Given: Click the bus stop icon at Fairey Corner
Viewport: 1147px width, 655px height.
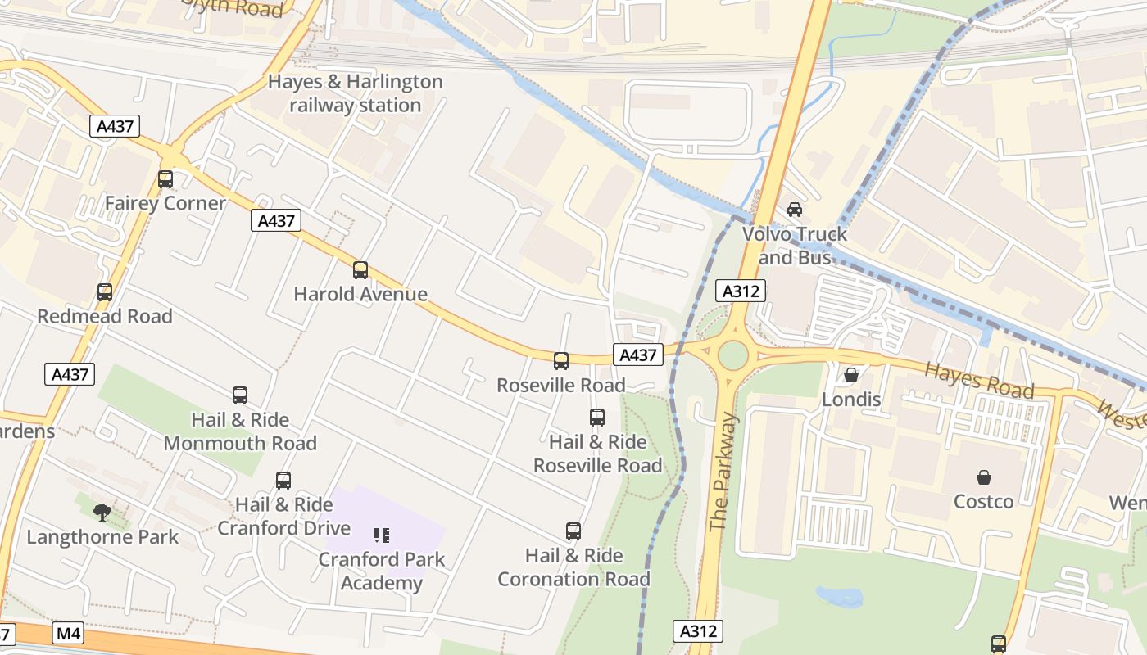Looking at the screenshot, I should pyautogui.click(x=165, y=179).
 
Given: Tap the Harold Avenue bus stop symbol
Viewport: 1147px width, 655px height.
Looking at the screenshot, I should pyautogui.click(x=360, y=270).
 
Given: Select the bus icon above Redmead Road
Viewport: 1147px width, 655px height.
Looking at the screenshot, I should pyautogui.click(x=105, y=292).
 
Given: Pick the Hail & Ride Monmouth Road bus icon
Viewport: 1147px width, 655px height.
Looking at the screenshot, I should pyautogui.click(x=240, y=395).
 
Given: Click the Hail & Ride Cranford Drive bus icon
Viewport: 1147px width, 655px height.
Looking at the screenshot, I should pyautogui.click(x=283, y=481).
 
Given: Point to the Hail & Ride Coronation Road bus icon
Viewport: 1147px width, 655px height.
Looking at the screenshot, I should pyautogui.click(x=573, y=531).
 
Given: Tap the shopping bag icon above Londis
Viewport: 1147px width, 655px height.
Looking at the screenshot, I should pyautogui.click(x=851, y=375).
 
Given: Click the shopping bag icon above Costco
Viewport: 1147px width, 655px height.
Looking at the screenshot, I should pyautogui.click(x=983, y=477).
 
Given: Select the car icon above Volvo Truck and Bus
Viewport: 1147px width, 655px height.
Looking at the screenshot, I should pyautogui.click(x=794, y=210).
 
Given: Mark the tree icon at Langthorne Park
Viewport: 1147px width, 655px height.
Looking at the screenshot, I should pyautogui.click(x=102, y=513).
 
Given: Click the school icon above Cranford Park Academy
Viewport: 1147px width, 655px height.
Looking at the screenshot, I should pyautogui.click(x=381, y=535).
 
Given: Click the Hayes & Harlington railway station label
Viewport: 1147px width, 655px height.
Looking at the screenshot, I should pyautogui.click(x=356, y=93).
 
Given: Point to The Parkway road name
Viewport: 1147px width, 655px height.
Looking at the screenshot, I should pyautogui.click(x=723, y=472).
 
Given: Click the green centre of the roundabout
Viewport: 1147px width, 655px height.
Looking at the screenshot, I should pyautogui.click(x=732, y=355).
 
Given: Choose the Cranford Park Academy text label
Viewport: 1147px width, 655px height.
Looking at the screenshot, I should pyautogui.click(x=381, y=571).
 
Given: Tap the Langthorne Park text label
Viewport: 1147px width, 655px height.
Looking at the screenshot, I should pyautogui.click(x=102, y=537).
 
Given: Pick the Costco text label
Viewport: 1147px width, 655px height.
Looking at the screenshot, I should pyautogui.click(x=983, y=501).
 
